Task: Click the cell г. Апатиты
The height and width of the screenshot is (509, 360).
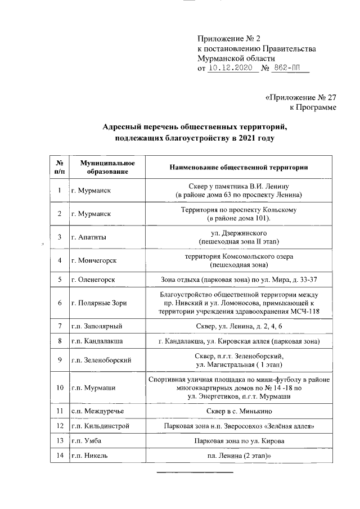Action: click(89, 237)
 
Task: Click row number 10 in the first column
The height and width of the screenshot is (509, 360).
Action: click(59, 388)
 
